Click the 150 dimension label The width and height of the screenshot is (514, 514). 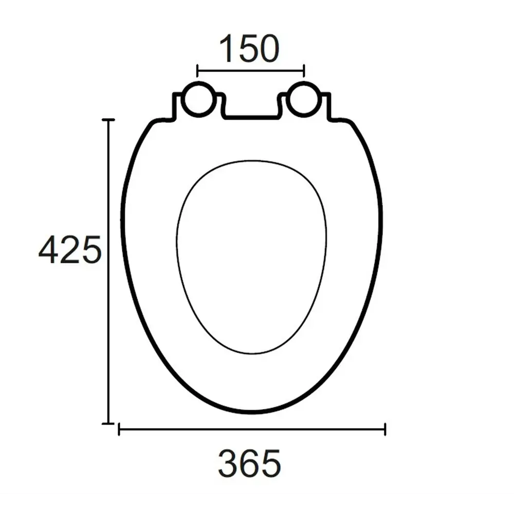[250, 49]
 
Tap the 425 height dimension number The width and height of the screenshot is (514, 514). [70, 250]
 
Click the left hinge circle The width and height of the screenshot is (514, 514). [198, 99]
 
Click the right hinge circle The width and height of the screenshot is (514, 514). [304, 99]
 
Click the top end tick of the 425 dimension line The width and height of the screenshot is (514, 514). [108, 120]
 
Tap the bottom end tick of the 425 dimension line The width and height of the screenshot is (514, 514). [108, 423]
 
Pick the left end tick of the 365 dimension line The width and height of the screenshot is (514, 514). [119, 429]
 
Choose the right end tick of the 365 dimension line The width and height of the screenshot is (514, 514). [385, 429]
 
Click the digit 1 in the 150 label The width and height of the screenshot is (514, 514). [227, 49]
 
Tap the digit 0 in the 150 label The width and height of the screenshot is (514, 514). [269, 49]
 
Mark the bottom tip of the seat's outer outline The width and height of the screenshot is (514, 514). [252, 412]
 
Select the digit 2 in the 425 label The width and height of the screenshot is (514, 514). [70, 250]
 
